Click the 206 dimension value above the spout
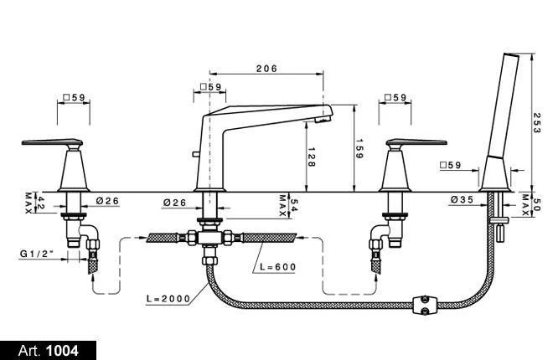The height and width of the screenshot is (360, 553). (266, 69)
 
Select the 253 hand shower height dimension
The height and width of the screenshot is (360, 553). (537, 122)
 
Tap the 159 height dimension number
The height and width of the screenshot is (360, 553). (359, 148)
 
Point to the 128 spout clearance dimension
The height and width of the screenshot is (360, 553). (312, 157)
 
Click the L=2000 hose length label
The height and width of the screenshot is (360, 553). (168, 299)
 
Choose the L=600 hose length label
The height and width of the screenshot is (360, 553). (277, 267)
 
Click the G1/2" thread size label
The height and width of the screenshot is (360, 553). (37, 254)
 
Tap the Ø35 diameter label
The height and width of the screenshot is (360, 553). (462, 200)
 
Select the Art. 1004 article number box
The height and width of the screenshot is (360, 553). (48, 351)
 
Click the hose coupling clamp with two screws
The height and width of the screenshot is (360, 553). (425, 305)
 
